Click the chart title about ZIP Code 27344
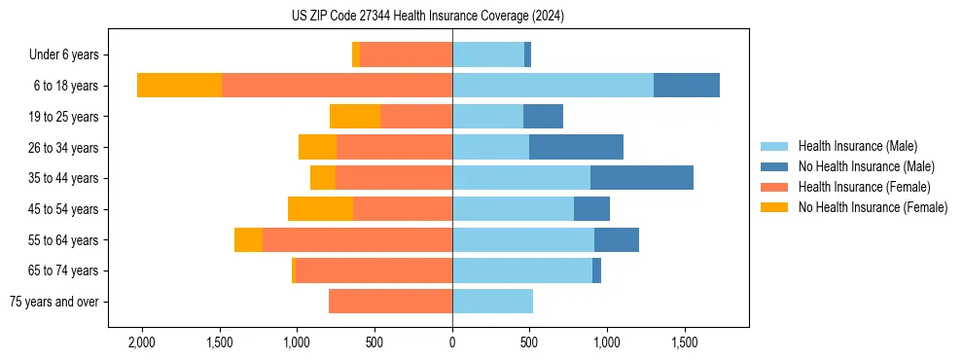pos(427,17)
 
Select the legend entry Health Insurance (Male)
pos(857,146)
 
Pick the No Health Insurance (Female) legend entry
pos(873,207)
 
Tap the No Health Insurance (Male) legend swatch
pos(775,166)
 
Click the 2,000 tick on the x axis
pos(142,343)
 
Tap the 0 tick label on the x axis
pos(452,343)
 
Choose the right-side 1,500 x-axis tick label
pos(684,343)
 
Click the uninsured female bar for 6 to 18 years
pos(180,86)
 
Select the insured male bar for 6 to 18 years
pos(553,86)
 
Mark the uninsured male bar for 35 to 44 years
pos(642,178)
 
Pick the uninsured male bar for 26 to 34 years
pos(576,147)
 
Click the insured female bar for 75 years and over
pos(390,302)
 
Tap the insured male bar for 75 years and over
pos(492,302)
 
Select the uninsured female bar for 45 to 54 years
pos(320,209)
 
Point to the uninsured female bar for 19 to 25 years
pos(355,117)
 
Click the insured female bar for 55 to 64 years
pos(357,239)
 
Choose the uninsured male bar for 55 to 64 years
pos(617,239)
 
